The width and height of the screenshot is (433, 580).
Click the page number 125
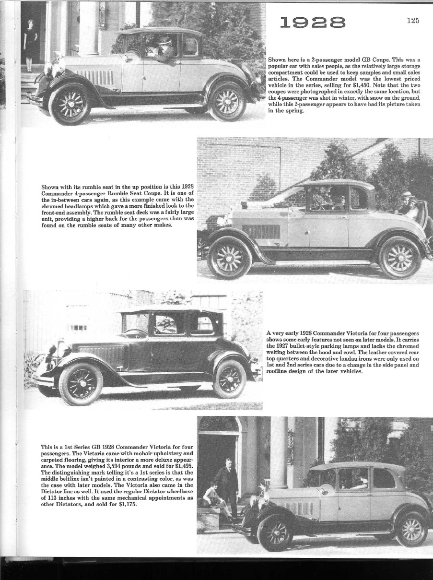coord(412,20)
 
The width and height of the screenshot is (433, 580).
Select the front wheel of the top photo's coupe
coord(70,104)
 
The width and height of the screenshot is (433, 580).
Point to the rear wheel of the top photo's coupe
coord(227,102)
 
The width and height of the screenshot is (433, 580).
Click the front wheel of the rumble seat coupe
coord(230,258)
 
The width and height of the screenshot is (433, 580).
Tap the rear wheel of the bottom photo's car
coord(411,529)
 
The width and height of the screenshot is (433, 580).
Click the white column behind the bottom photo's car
coord(279,451)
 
